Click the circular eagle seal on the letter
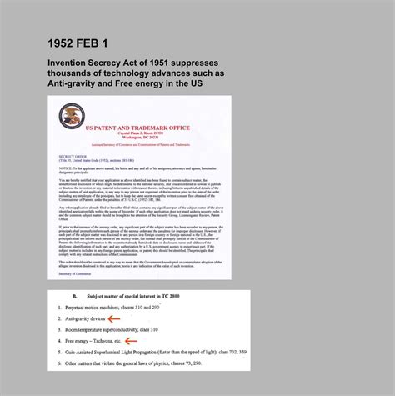coord(72,116)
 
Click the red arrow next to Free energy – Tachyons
coord(131,340)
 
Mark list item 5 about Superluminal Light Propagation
coord(150,352)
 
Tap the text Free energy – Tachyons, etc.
coord(93,340)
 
